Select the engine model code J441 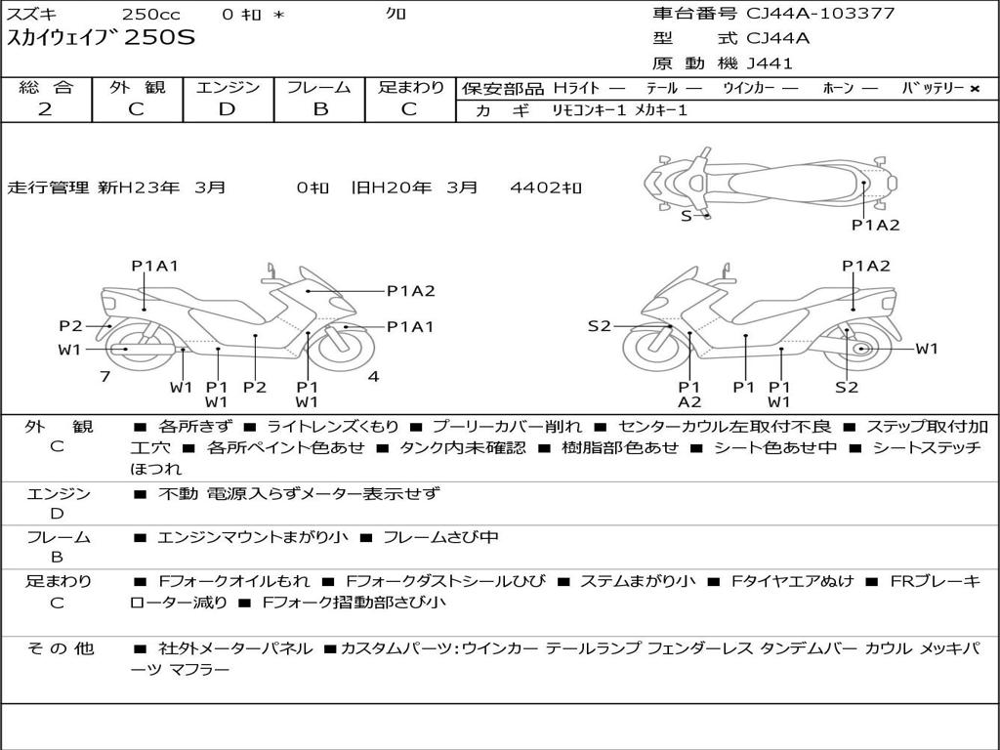(770, 63)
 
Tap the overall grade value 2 (45, 109)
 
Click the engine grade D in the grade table (227, 109)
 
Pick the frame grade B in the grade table (319, 109)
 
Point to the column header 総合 (46, 88)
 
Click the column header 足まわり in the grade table (410, 88)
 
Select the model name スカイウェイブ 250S (102, 38)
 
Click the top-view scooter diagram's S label (686, 216)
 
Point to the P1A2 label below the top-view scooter (875, 226)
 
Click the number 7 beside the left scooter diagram (104, 376)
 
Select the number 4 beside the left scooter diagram (373, 376)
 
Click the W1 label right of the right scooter (926, 349)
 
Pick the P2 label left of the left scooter (70, 326)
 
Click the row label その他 (59, 648)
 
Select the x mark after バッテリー (974, 89)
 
